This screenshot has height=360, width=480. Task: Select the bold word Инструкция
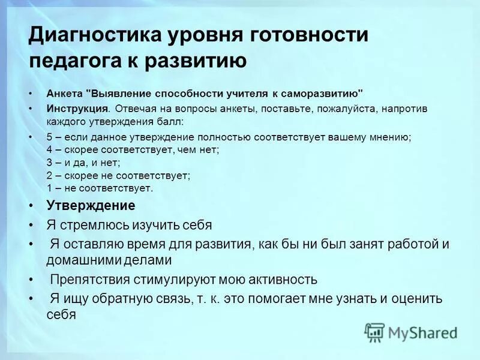pos(77,109)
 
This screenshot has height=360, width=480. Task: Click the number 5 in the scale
pos(49,137)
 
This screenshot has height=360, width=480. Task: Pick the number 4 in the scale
pos(49,149)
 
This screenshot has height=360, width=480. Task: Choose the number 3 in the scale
pos(49,162)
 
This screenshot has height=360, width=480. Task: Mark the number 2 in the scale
pos(49,175)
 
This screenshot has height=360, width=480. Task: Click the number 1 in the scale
pos(49,188)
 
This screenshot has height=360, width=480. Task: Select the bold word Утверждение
pos(91,205)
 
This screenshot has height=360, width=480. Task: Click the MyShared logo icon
pos(374,332)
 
